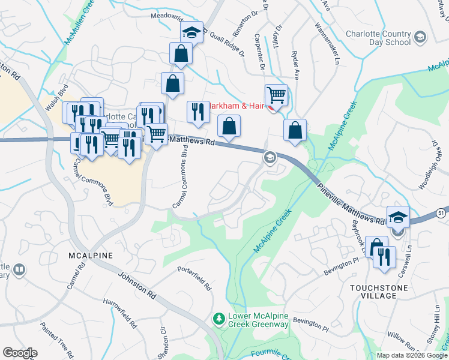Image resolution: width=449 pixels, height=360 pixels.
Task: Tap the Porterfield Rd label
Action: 195,278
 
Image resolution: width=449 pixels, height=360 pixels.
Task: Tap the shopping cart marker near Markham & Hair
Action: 276,95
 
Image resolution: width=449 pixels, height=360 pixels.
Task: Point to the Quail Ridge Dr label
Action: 228,44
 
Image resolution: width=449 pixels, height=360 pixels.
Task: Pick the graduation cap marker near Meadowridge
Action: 192,32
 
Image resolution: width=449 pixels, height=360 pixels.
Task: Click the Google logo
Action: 20,353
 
